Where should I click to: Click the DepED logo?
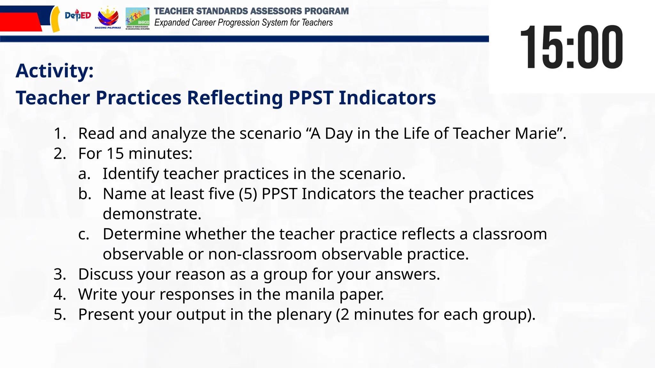[x=78, y=15]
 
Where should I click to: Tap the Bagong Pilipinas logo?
[x=108, y=18]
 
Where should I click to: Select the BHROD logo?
[x=138, y=18]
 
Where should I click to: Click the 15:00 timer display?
[x=571, y=47]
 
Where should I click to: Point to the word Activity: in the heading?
[x=55, y=71]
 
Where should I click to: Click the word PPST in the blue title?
[x=311, y=98]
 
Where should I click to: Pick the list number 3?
[x=59, y=274]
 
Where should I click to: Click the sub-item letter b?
[x=85, y=194]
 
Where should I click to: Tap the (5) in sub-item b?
[x=248, y=194]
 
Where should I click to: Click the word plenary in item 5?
[x=304, y=315]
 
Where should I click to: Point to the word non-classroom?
[x=262, y=254]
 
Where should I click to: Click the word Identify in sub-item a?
[x=130, y=174]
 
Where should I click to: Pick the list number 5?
[x=59, y=315]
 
